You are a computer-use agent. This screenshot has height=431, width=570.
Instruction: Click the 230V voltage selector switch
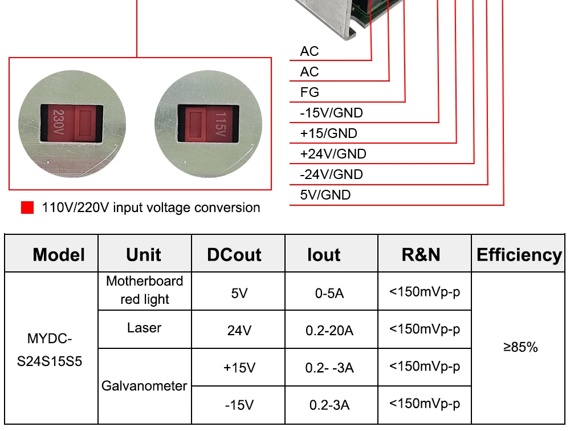coord(72,124)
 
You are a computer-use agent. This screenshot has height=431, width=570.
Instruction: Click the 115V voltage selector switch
coord(208,124)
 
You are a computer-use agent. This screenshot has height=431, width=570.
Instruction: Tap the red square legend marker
coord(27,208)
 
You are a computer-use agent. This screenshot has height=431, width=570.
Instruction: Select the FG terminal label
coord(310,92)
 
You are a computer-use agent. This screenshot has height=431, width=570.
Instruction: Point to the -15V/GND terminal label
coord(331,113)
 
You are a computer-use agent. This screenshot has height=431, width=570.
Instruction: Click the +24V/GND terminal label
coord(333,154)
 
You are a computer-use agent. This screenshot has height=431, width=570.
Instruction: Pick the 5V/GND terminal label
coord(325,195)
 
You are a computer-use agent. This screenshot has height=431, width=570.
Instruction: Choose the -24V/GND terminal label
coord(331,174)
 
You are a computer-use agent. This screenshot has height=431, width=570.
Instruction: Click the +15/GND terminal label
coord(329,133)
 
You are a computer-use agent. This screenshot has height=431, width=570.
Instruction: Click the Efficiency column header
coord(519,255)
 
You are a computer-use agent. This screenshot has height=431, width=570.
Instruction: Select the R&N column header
coord(421,255)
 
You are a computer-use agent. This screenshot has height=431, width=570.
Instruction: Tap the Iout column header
coord(324,255)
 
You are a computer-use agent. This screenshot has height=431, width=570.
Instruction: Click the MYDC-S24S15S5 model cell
coord(50,350)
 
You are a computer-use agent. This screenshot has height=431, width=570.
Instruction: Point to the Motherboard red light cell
coord(145,290)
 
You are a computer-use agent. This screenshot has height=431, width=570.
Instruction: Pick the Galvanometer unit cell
coord(144,386)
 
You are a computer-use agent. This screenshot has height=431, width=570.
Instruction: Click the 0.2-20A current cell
coord(329,331)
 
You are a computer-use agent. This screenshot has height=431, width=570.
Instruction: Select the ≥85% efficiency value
coord(520,347)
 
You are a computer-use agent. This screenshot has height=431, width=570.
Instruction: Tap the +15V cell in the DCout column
coord(239,368)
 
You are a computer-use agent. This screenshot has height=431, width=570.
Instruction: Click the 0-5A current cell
coord(329,293)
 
